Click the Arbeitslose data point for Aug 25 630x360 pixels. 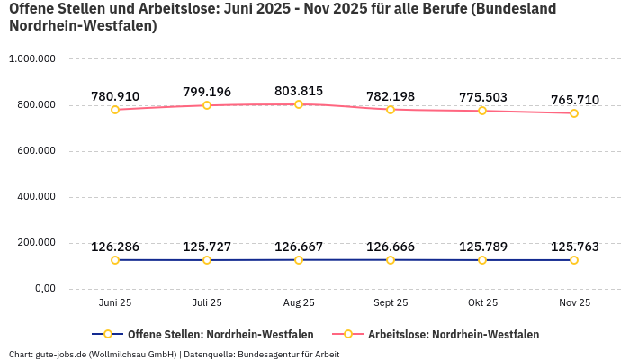coord(299,104)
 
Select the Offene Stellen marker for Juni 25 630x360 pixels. coord(115,260)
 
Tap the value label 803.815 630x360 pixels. coord(299,91)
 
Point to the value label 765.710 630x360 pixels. coord(574,100)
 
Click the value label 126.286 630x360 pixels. coord(115,247)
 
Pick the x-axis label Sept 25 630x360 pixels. coord(391,303)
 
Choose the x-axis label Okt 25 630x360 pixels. coord(482,303)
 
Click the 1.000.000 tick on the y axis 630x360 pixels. coord(32,59)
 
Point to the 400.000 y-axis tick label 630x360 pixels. coord(32,197)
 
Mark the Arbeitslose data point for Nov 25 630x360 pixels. coord(574,113)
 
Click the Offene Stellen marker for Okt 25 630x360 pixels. coord(482,260)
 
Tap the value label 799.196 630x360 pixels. coord(207,92)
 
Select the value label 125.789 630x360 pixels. coord(482,247)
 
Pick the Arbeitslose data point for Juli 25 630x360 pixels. coord(207,105)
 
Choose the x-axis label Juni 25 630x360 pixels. coord(115,303)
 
